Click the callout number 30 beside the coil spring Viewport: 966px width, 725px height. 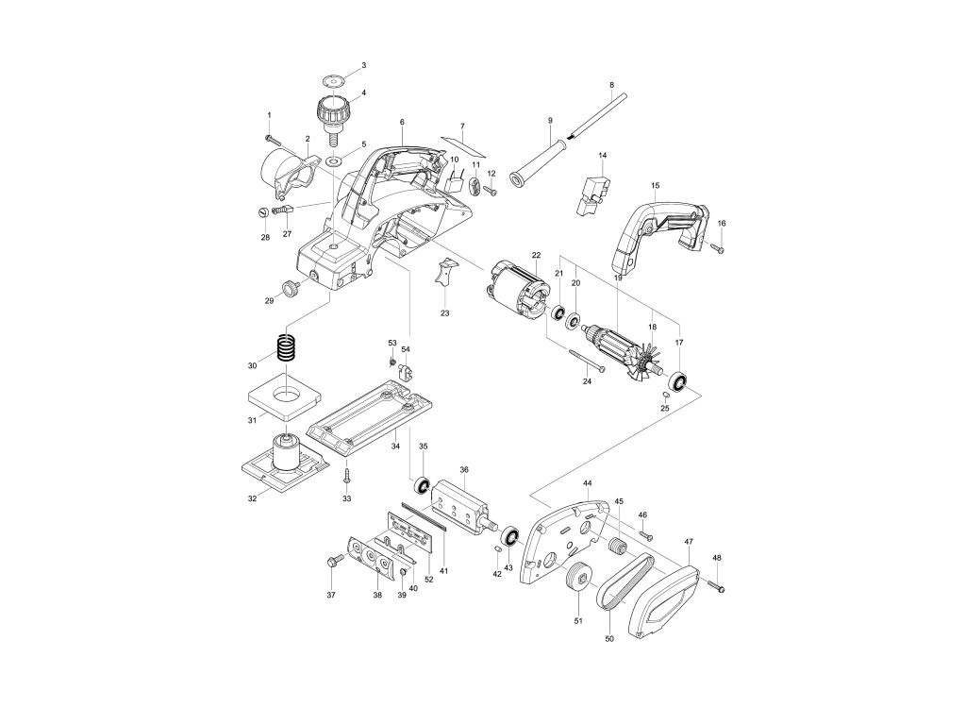[251, 365]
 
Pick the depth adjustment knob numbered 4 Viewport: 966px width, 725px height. [333, 109]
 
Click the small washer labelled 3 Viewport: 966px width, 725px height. [332, 78]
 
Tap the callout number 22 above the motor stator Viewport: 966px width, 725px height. [536, 256]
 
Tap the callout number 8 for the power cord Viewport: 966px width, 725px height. [611, 86]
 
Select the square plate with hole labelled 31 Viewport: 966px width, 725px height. [288, 397]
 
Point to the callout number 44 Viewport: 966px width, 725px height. [587, 482]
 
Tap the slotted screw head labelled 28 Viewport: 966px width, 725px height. [264, 213]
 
